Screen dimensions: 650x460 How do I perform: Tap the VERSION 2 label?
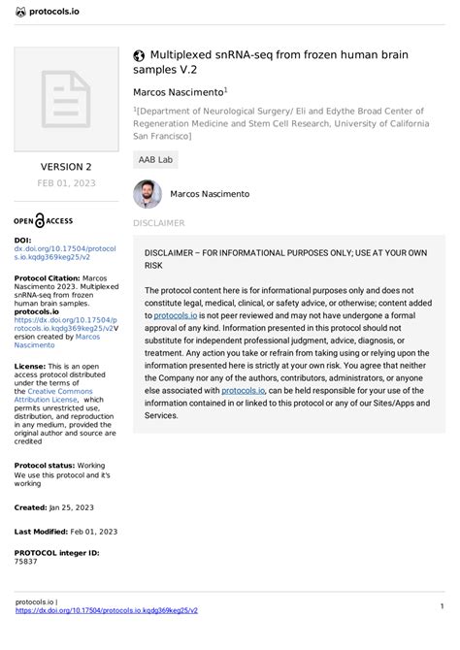pos(66,167)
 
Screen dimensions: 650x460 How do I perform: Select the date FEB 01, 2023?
pos(66,182)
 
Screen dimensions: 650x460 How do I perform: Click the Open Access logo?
pos(43,219)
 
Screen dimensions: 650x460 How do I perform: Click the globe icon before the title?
pos(140,56)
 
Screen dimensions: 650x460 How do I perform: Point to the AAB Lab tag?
pos(155,159)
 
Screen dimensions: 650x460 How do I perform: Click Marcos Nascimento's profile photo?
pos(148,194)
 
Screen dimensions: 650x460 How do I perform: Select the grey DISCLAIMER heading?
pos(158,223)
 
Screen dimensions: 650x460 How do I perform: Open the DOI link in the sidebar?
pos(65,253)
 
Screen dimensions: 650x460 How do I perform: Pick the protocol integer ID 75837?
pos(26,562)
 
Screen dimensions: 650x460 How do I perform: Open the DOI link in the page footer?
pos(107,611)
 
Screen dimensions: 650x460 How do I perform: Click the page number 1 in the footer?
pos(442,606)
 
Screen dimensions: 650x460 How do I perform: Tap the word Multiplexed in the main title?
pos(188,56)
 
